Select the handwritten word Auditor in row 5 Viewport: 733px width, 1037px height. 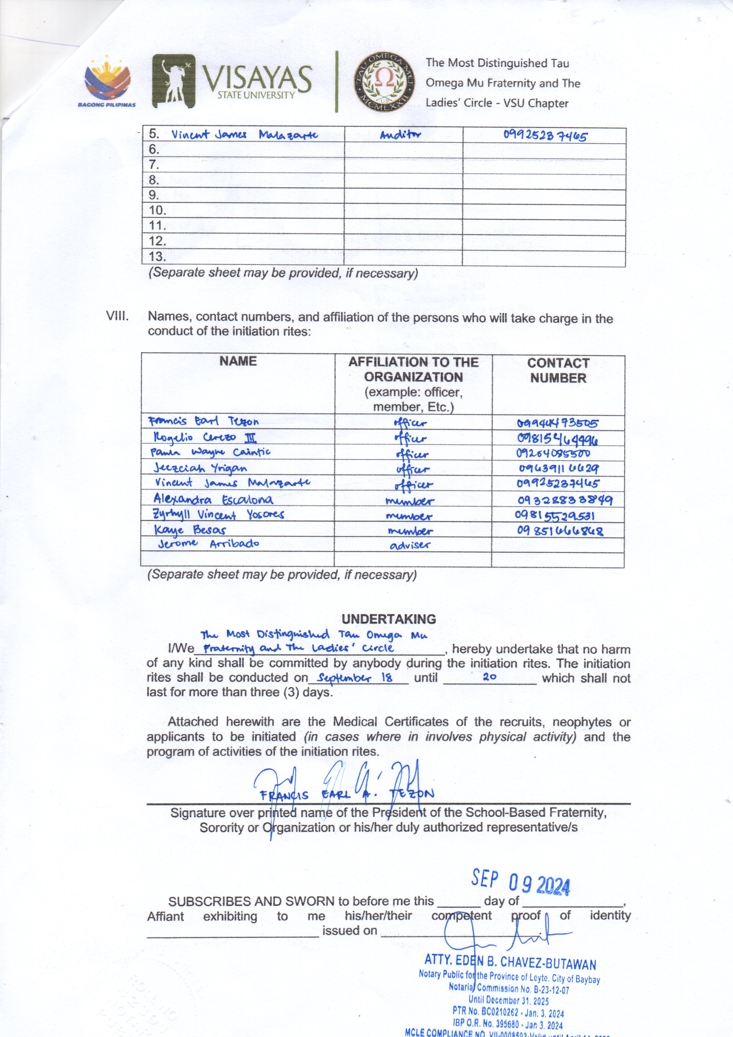click(400, 134)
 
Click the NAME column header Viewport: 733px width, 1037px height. click(238, 361)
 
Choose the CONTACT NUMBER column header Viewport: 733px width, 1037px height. click(558, 370)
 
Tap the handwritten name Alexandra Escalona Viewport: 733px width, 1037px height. click(213, 499)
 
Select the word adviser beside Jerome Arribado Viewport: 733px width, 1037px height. click(409, 545)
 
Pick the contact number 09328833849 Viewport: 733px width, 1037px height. click(565, 500)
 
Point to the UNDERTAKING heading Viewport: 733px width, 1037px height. click(389, 619)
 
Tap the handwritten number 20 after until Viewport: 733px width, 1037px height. click(490, 676)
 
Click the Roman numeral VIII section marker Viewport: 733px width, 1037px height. click(117, 316)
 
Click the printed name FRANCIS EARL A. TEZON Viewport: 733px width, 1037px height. click(347, 795)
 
